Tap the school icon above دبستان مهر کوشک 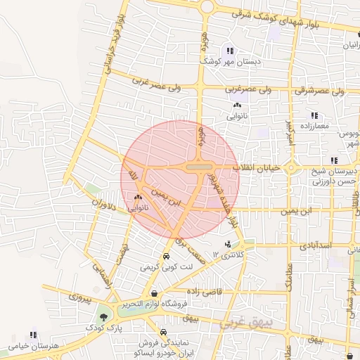[x=230, y=51]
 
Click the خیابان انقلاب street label [x=271, y=168]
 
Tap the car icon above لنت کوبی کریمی [x=166, y=257]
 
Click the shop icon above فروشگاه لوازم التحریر [x=154, y=293]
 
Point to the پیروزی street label [x=79, y=298]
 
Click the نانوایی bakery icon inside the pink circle [x=137, y=198]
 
